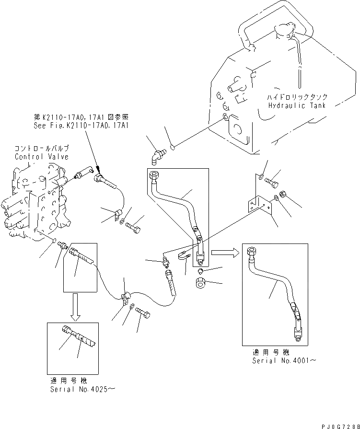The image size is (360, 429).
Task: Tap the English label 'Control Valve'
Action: (42, 157)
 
